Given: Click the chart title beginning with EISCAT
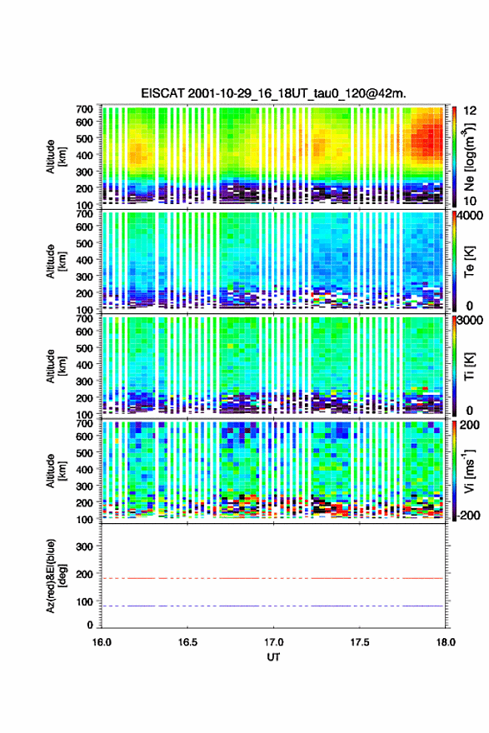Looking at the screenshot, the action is (x=273, y=93).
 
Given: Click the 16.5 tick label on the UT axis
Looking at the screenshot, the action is (x=187, y=642).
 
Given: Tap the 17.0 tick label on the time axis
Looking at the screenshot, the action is (x=273, y=642).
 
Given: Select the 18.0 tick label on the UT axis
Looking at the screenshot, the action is (x=446, y=642).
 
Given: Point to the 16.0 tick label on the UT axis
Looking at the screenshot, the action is (x=102, y=642).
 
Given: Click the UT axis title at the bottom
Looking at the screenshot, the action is (x=273, y=657).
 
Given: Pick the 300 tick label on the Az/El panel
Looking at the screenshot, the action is (x=84, y=546).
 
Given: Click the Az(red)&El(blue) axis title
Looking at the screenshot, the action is (x=56, y=576).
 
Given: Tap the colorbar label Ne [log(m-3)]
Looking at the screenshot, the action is (x=469, y=157).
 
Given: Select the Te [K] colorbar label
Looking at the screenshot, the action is (x=469, y=262).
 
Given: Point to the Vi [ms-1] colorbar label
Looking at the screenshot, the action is (x=469, y=471).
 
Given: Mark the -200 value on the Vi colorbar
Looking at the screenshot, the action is (x=469, y=516).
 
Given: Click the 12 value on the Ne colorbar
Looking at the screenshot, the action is (x=470, y=111).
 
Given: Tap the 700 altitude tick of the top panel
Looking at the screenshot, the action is (x=84, y=109).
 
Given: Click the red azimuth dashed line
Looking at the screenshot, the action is (x=272, y=578).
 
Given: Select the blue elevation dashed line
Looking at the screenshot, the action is (x=272, y=606).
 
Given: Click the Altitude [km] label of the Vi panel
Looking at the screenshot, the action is (x=56, y=471).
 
